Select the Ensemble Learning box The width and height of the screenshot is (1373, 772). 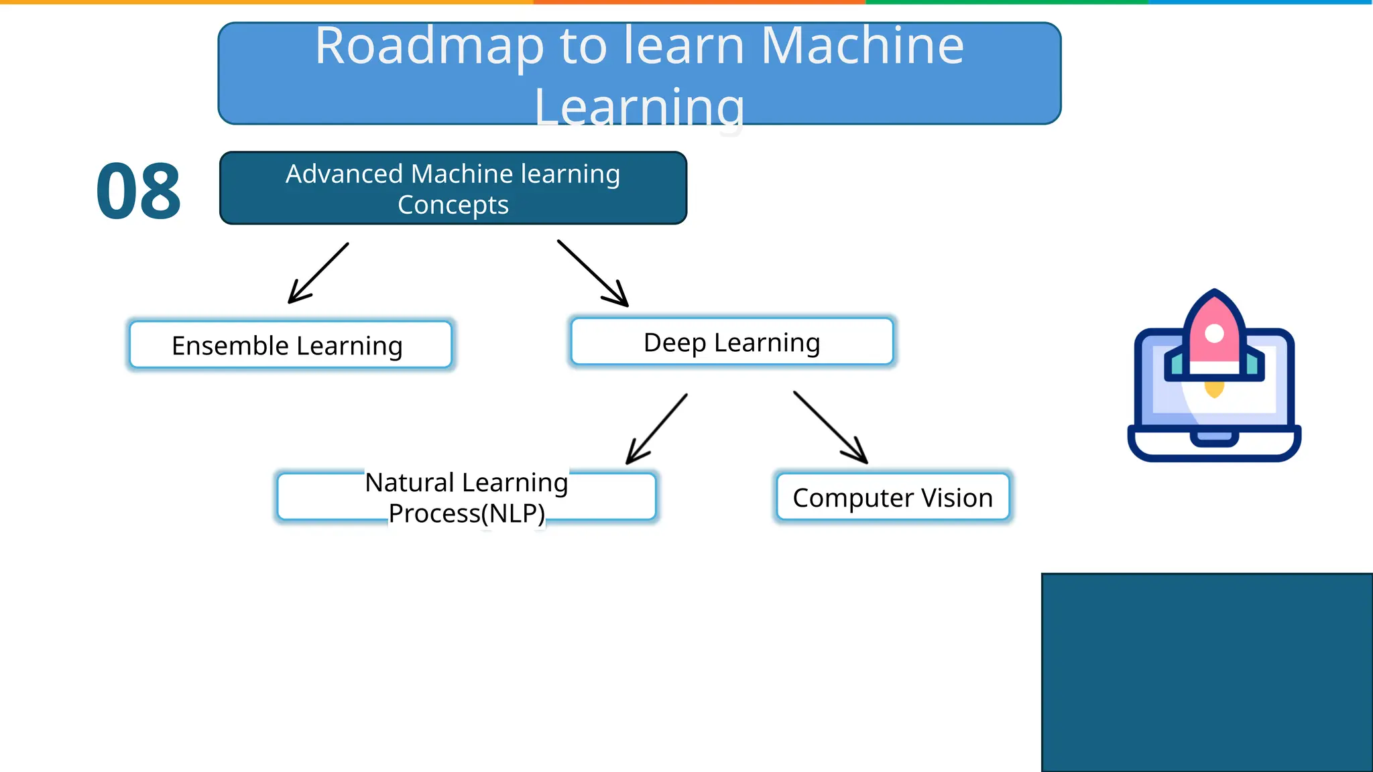[x=290, y=345]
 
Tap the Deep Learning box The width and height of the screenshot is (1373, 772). [x=731, y=342]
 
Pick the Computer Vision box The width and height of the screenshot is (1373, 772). [x=892, y=497]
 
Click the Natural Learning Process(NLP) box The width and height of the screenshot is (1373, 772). [x=466, y=497]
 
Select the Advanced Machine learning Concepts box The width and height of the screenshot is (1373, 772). [x=453, y=188]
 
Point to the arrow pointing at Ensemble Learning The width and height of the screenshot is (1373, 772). [x=318, y=273]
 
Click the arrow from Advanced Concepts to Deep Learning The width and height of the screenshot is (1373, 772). [x=593, y=273]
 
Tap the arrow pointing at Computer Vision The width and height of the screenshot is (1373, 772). [x=830, y=428]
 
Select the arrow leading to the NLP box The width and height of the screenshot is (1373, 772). [x=656, y=429]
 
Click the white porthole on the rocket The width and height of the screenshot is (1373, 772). [x=1214, y=333]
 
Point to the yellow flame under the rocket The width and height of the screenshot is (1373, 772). [x=1214, y=388]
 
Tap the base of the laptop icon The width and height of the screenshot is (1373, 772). [x=1214, y=446]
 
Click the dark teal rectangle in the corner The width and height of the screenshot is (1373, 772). [x=1207, y=672]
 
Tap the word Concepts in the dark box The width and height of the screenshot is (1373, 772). [x=453, y=204]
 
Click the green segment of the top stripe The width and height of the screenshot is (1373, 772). [x=1006, y=2]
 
